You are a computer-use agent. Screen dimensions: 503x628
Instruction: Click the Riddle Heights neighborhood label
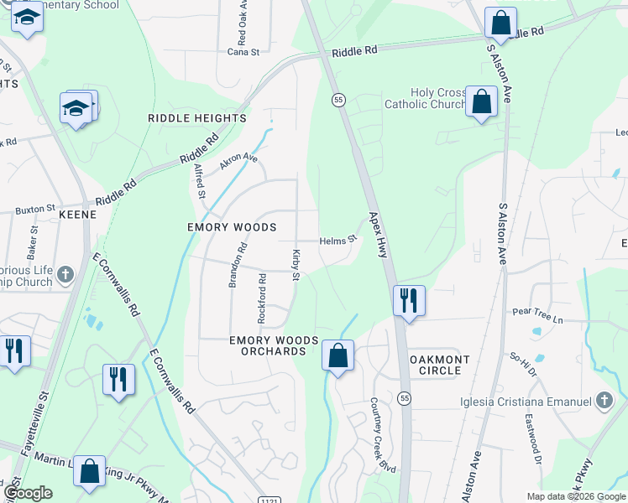tap(197, 118)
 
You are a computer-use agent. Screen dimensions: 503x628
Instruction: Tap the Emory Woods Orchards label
tap(275, 345)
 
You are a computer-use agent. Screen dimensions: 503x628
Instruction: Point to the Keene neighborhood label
tap(77, 215)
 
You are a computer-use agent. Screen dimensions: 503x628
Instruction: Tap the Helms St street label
tap(338, 241)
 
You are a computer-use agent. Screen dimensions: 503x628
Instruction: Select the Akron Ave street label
tap(238, 161)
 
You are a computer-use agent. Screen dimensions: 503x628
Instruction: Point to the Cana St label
tap(243, 51)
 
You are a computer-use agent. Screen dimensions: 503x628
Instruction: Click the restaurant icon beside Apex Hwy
tap(409, 300)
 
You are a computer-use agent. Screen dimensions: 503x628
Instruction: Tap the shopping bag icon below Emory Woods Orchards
tap(338, 355)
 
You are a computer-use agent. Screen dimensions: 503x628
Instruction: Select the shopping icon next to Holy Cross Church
tap(481, 101)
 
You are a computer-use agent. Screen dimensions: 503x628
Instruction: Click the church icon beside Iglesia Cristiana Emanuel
tap(604, 402)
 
